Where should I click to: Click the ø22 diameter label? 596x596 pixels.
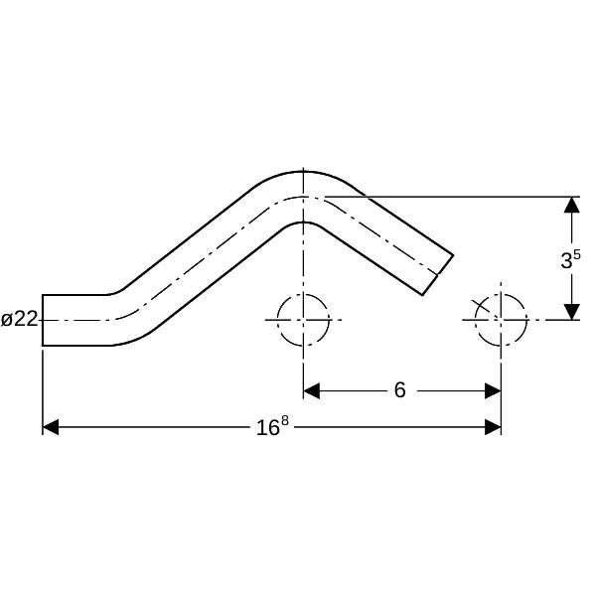(20, 319)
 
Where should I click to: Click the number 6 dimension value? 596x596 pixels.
(399, 390)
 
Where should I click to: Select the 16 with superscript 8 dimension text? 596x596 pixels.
(272, 426)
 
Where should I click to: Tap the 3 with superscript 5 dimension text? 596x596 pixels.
(570, 259)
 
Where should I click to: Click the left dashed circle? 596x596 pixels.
(277, 320)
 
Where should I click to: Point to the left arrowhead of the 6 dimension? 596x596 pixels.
(311, 390)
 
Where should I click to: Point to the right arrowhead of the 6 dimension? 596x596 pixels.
(493, 390)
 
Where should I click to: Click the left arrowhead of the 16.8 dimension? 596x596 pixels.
(51, 427)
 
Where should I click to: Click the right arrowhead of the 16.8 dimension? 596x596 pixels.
(493, 427)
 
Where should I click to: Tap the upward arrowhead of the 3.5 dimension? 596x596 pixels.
(572, 205)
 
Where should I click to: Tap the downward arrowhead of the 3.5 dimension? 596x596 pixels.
(572, 312)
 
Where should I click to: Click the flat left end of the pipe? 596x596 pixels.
(42, 320)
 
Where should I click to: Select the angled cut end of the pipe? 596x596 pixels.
(438, 274)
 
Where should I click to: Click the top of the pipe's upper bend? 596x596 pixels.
(303, 172)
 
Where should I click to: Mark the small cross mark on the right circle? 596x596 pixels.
(481, 306)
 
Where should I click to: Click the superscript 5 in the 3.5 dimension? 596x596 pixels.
(576, 254)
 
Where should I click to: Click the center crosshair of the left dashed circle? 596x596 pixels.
(303, 320)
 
